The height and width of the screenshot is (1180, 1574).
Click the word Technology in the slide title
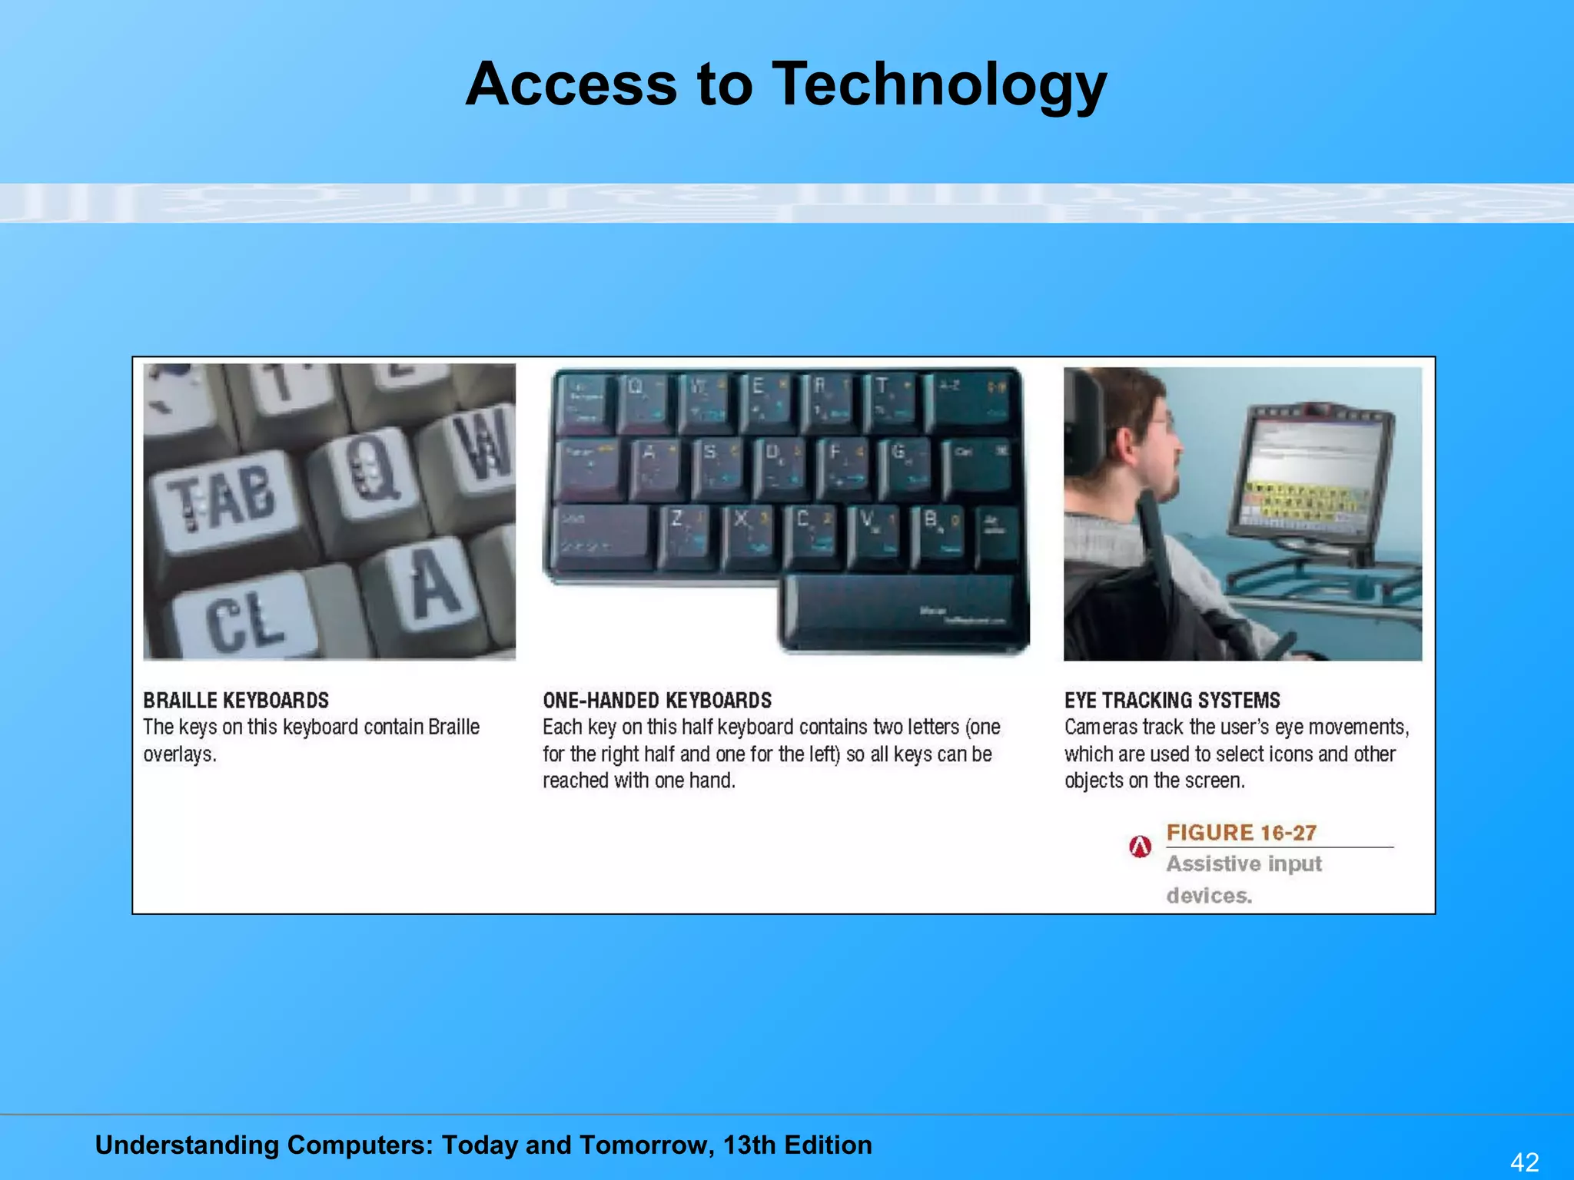tap(938, 84)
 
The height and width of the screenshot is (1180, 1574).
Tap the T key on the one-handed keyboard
tap(890, 399)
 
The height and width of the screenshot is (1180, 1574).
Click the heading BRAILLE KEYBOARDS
tap(236, 700)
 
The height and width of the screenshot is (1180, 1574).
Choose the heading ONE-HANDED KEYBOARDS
tap(657, 700)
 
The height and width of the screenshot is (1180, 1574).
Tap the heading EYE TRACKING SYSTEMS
tap(1172, 700)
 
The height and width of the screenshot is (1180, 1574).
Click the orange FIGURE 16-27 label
tap(1241, 832)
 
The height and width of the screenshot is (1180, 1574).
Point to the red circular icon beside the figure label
tap(1140, 847)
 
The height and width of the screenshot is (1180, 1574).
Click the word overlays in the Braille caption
tap(179, 754)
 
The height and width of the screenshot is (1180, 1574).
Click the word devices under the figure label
tap(1208, 896)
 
